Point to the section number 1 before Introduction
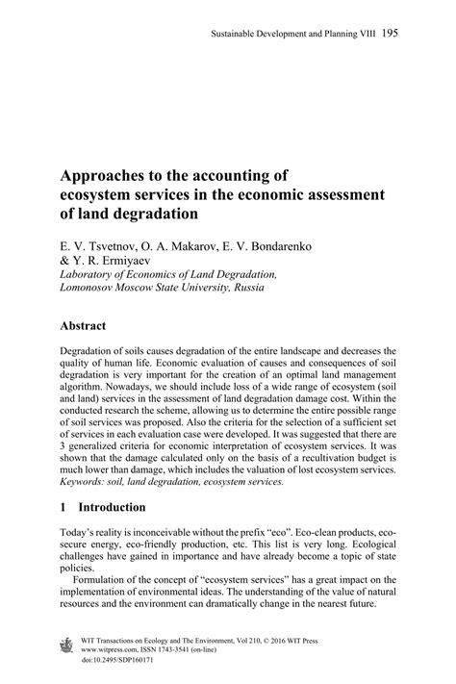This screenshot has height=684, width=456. tap(63, 507)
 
